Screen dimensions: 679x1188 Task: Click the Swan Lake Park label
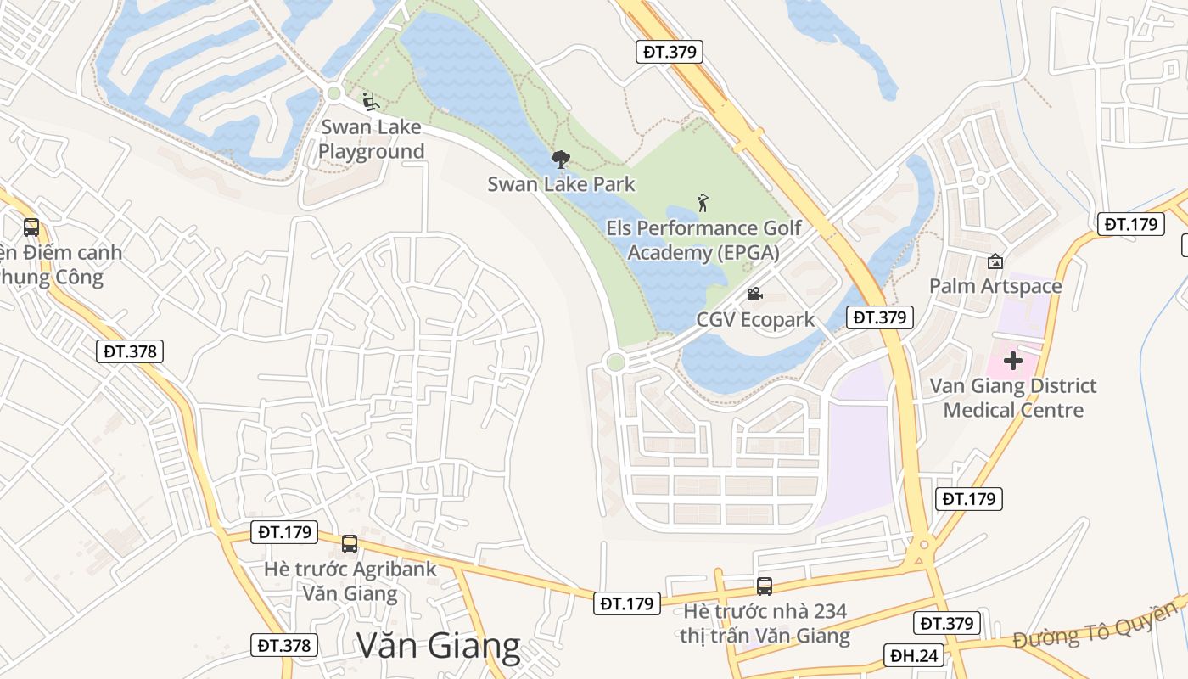(561, 183)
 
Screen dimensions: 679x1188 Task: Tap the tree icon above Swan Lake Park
(560, 159)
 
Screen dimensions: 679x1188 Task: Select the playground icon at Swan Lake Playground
(370, 102)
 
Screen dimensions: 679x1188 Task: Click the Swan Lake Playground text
(371, 140)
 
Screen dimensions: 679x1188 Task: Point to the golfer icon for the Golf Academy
(703, 203)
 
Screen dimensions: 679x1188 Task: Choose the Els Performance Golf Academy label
(703, 240)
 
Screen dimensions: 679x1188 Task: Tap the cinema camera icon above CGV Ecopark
(754, 295)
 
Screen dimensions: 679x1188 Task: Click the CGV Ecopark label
(755, 320)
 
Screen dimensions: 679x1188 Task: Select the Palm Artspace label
(995, 286)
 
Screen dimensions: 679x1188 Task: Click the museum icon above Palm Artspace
(995, 261)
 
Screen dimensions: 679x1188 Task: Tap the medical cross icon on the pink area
(1012, 361)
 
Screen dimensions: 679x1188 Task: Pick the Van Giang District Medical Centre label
(1013, 398)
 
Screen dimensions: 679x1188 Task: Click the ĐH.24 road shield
(914, 655)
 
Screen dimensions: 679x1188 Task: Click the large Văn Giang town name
(438, 646)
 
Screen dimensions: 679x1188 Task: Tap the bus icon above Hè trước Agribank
(349, 544)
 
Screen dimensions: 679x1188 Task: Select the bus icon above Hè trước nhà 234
(765, 586)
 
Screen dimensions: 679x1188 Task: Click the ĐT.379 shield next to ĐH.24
(946, 624)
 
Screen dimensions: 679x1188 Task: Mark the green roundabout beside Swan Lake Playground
(333, 93)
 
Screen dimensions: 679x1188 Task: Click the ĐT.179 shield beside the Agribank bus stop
(284, 532)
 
